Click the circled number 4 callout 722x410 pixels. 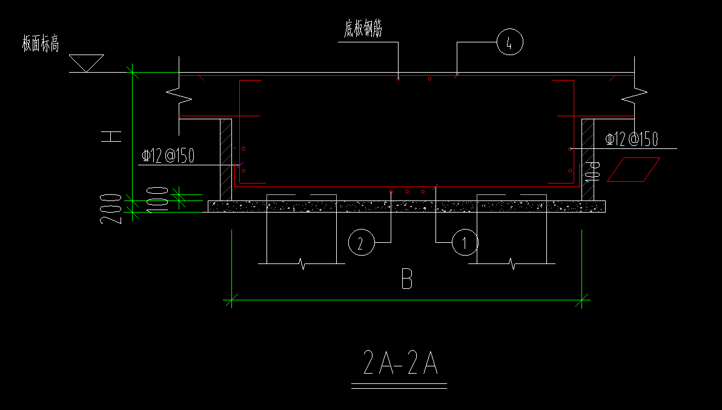(x=510, y=42)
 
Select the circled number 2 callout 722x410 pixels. (x=362, y=242)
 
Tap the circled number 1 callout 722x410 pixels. (x=465, y=242)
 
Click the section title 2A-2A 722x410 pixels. (x=400, y=362)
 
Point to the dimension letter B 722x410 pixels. (x=407, y=279)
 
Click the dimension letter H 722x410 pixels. (x=111, y=136)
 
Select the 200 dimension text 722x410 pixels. (x=111, y=208)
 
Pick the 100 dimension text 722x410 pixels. (x=157, y=200)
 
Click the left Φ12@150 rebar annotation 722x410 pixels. (x=168, y=156)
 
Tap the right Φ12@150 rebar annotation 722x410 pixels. (x=632, y=139)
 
